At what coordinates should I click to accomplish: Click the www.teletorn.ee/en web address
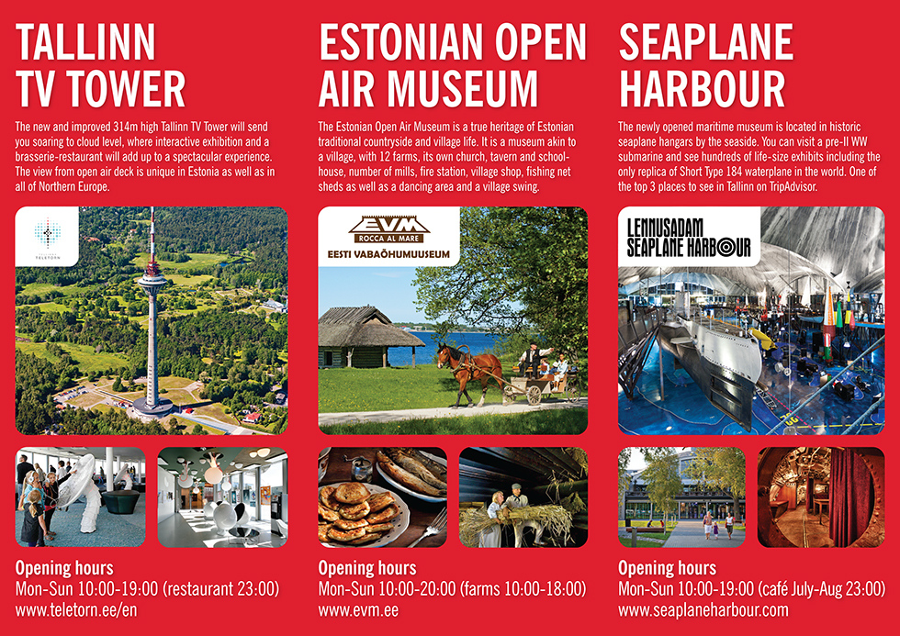click(x=76, y=609)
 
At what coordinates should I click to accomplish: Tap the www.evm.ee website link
click(x=358, y=609)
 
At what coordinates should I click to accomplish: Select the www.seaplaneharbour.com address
click(x=703, y=609)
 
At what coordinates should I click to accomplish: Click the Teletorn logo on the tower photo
click(x=47, y=236)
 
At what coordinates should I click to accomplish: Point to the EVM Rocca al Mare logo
click(x=388, y=236)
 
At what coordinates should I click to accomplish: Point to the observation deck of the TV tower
click(x=152, y=282)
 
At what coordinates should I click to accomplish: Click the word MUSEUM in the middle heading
click(x=467, y=89)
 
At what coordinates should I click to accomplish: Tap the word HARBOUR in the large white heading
click(x=702, y=89)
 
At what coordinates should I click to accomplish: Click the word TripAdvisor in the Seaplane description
click(x=792, y=186)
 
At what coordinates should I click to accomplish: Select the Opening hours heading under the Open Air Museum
click(x=367, y=568)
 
